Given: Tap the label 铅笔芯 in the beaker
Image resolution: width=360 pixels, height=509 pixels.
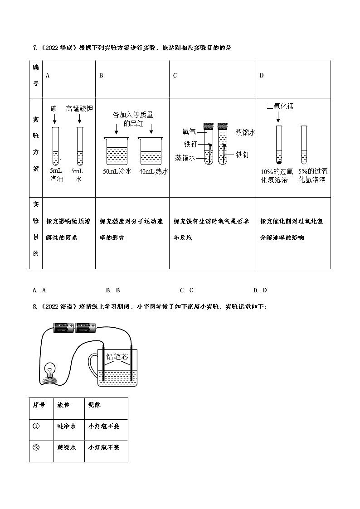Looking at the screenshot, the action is point(117,357).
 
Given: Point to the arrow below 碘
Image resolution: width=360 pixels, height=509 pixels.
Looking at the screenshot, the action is point(54,119).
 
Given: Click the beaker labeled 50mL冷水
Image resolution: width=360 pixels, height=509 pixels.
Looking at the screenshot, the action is point(117,151).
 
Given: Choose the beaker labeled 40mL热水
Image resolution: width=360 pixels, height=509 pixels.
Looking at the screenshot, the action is point(153,151).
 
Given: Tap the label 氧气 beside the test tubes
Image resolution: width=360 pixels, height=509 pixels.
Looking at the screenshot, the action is point(189,131).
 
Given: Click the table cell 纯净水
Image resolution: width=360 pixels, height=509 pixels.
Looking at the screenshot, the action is point(67,426).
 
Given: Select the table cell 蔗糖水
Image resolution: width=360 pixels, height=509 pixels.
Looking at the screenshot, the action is point(67,447).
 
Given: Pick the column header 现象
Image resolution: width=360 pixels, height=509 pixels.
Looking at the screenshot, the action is point(95,405).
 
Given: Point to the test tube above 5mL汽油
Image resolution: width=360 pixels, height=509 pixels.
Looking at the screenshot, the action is point(55,146).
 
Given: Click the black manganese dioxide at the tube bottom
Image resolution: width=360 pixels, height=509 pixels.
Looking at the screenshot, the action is point(279,161).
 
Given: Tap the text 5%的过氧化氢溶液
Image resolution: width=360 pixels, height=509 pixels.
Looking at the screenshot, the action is point(313,176).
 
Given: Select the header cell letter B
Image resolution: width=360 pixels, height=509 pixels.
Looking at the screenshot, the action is point(101,76).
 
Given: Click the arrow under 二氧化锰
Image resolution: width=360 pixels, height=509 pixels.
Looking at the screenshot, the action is point(278,118).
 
